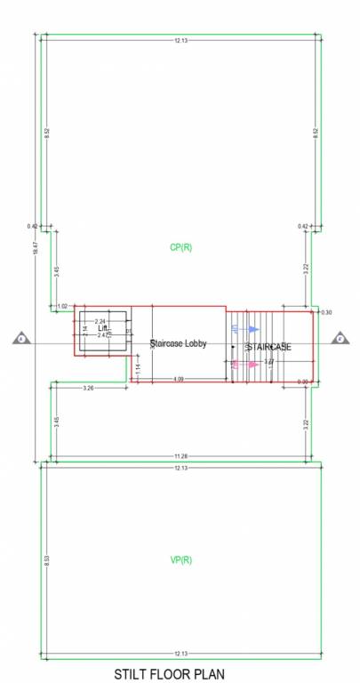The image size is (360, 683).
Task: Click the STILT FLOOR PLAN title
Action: pyautogui.click(x=169, y=673)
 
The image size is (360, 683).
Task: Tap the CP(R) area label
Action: pyautogui.click(x=180, y=247)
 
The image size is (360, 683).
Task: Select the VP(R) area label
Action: pyautogui.click(x=180, y=559)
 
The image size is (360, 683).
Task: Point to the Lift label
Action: pyautogui.click(x=102, y=328)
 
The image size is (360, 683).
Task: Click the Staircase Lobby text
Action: pyautogui.click(x=179, y=342)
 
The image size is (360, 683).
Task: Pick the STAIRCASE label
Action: pyautogui.click(x=269, y=346)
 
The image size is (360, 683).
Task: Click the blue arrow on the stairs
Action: pyautogui.click(x=252, y=329)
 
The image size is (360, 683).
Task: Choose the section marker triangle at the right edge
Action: pyautogui.click(x=340, y=339)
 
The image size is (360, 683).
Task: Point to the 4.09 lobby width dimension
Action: pyautogui.click(x=179, y=381)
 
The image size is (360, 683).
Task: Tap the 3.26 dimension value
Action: pyautogui.click(x=88, y=389)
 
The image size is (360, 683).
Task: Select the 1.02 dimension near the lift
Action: pyautogui.click(x=61, y=306)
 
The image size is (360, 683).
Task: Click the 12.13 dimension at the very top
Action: pyautogui.click(x=180, y=40)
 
